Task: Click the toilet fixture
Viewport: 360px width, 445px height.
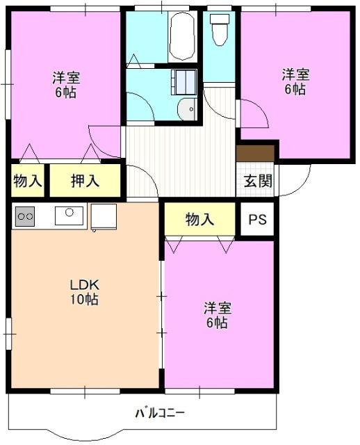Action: coord(219,32)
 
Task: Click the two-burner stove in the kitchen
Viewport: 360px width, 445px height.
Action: coord(25,216)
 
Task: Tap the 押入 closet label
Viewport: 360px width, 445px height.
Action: coord(85,181)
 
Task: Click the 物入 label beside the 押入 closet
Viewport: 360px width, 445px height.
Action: coord(28,181)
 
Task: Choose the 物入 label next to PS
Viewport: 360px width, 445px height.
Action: coord(199,219)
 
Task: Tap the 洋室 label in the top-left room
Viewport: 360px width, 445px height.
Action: coord(65,77)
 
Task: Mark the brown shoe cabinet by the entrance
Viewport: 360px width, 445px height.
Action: coord(256,153)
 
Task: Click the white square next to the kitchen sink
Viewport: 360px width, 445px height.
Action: coord(104,216)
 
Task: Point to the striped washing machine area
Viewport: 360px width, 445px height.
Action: coord(185,81)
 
